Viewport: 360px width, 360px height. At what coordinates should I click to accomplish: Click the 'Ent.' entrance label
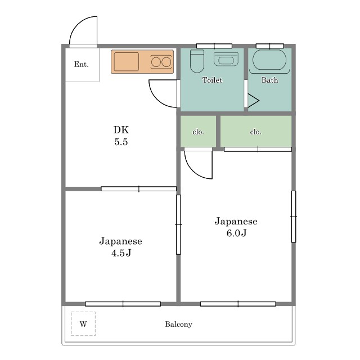pos(81,64)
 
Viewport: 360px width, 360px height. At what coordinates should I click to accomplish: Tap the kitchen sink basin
pos(126,61)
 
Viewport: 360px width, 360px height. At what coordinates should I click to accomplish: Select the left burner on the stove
pos(156,62)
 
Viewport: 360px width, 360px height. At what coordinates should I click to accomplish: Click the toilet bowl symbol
pos(197,61)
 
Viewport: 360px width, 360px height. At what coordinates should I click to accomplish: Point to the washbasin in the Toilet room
pos(226,59)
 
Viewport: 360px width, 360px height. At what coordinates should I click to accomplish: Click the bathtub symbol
pos(269,60)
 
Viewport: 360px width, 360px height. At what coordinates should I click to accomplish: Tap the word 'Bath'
pos(269,80)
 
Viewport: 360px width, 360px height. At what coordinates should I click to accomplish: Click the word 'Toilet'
pos(212,80)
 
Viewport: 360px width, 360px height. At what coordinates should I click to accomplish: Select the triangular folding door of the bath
pos(253,101)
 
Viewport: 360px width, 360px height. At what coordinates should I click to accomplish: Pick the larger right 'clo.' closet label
pos(255,132)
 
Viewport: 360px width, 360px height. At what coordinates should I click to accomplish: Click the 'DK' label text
pos(121,130)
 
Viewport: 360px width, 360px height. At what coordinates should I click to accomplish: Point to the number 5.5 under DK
pos(121,142)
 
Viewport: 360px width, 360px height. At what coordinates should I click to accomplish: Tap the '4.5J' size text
pos(121,253)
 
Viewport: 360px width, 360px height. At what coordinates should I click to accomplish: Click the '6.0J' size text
pos(236,233)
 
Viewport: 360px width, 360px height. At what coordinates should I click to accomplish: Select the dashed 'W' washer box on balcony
pos(83,324)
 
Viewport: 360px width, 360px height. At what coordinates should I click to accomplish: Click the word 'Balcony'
pos(178,324)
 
